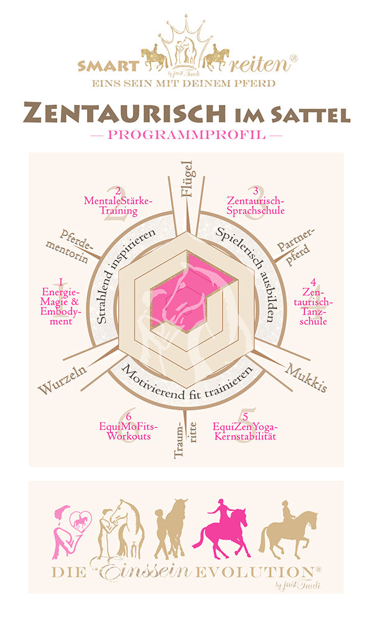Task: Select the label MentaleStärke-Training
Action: click(x=117, y=205)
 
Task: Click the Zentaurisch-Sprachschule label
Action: click(x=256, y=206)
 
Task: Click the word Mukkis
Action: click(x=298, y=379)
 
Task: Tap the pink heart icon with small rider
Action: click(x=81, y=521)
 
